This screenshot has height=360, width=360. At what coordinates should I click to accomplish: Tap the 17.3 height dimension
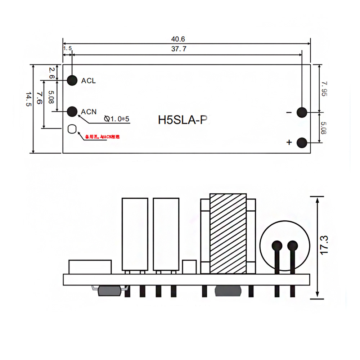tap(325, 246)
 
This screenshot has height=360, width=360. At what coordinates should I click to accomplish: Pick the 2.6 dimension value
tap(51, 72)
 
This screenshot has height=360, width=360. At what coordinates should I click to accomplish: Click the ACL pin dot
tap(72, 80)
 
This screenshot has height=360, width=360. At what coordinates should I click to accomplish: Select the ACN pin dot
tap(72, 112)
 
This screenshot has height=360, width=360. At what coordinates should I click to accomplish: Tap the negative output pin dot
tap(302, 113)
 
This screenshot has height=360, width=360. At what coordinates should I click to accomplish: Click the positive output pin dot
tap(302, 143)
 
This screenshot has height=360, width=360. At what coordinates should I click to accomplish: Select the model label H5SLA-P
tap(183, 120)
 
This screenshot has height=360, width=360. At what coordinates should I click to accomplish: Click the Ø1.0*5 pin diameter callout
tap(116, 119)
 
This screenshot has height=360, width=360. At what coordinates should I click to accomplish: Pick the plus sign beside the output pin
tap(289, 143)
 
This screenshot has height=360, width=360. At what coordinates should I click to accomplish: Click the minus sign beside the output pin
tap(289, 113)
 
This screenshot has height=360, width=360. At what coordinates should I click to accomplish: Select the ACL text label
tap(89, 81)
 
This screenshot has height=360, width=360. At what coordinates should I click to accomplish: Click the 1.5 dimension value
tap(67, 48)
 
